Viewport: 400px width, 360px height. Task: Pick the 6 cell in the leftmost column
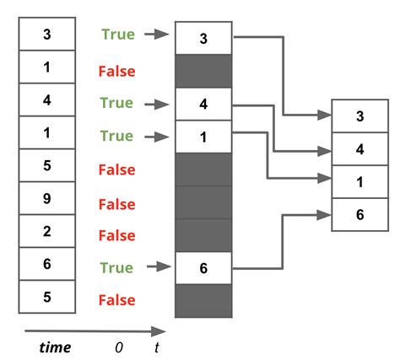click(x=47, y=264)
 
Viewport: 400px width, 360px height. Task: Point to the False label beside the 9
click(x=116, y=203)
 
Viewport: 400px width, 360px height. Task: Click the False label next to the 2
click(x=116, y=235)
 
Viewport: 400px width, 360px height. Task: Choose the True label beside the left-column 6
click(x=116, y=267)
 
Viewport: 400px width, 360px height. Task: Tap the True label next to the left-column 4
click(x=116, y=103)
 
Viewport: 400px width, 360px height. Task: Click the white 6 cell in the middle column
click(x=203, y=268)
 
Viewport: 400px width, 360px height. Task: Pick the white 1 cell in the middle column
click(x=203, y=137)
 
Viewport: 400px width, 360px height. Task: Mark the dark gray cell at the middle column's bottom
click(x=203, y=301)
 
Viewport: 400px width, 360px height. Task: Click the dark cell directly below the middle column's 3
click(x=203, y=72)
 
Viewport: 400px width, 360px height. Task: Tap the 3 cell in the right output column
click(x=360, y=116)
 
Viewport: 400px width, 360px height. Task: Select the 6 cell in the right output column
click(x=360, y=214)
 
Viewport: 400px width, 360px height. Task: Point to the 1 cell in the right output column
click(x=360, y=181)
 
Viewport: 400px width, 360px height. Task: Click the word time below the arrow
click(x=56, y=347)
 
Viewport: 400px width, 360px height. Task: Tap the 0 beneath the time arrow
click(x=119, y=347)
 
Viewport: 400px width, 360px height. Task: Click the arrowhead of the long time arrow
click(x=160, y=331)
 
